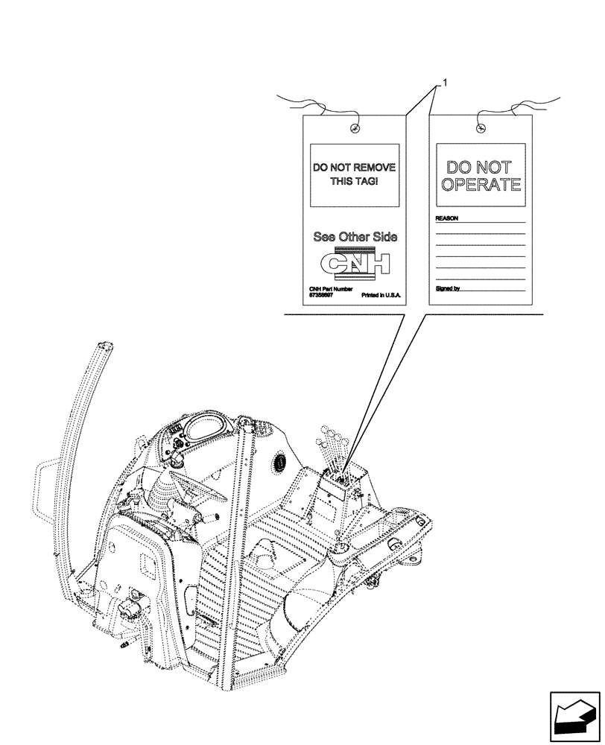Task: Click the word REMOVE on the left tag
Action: tap(372, 168)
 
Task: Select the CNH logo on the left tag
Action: tap(355, 264)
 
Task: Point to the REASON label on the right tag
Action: tap(446, 220)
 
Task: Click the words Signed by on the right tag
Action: tap(447, 287)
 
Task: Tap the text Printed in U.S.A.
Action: tap(381, 295)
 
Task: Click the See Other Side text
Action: tap(355, 237)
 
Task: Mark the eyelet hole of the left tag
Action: tap(355, 129)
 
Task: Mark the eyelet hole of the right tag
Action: tap(481, 129)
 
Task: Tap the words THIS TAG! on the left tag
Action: tap(355, 181)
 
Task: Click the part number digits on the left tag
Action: tap(322, 295)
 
